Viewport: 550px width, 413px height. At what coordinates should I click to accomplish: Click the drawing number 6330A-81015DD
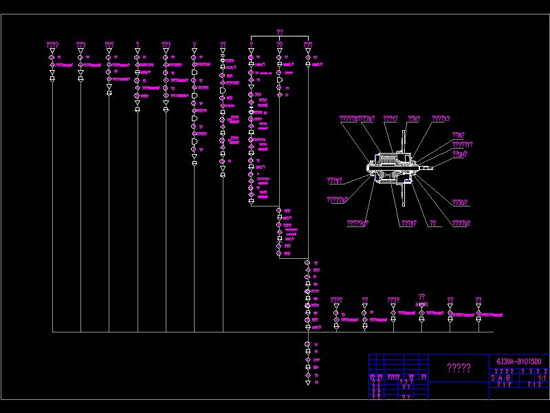pos(519,361)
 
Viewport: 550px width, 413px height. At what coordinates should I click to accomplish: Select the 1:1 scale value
pos(541,377)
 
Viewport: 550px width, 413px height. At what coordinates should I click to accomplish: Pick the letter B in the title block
pos(509,378)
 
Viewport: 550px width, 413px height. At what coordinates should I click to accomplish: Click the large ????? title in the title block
pos(459,368)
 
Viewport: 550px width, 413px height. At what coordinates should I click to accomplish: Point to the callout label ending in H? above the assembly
pos(414,118)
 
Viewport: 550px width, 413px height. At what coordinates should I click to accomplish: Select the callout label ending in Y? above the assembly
pos(390,118)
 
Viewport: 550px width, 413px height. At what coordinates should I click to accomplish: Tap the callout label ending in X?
pos(441,118)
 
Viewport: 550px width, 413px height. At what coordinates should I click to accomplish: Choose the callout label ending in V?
pos(335,180)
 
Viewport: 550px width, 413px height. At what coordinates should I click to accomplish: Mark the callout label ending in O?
pos(460,202)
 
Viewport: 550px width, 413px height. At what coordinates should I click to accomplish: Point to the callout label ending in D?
pos(461,223)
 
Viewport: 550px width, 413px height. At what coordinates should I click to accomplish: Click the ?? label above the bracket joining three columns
pos(280,32)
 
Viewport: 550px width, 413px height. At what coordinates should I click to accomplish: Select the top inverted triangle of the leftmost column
pos(52,51)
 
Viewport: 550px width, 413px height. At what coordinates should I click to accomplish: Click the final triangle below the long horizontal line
pos(307,381)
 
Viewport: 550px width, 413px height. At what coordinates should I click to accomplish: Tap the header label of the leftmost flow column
pos(52,45)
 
